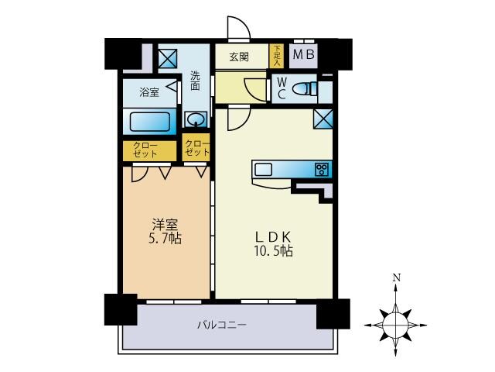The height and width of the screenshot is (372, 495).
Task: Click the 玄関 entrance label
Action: [x=238, y=57]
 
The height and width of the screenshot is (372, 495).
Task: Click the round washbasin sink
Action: [x=196, y=119]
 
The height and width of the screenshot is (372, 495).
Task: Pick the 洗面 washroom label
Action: [x=196, y=81]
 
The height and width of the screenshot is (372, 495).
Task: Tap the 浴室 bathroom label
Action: [x=149, y=92]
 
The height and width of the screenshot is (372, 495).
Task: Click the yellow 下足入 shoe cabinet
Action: [x=277, y=56]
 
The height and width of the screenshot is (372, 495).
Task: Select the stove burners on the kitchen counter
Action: [x=322, y=170]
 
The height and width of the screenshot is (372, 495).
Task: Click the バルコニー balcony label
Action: [x=220, y=325]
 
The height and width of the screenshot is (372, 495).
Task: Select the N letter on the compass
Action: [x=396, y=277]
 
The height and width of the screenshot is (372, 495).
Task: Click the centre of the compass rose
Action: [x=396, y=319]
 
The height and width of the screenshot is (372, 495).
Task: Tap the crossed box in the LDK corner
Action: [x=323, y=119]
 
